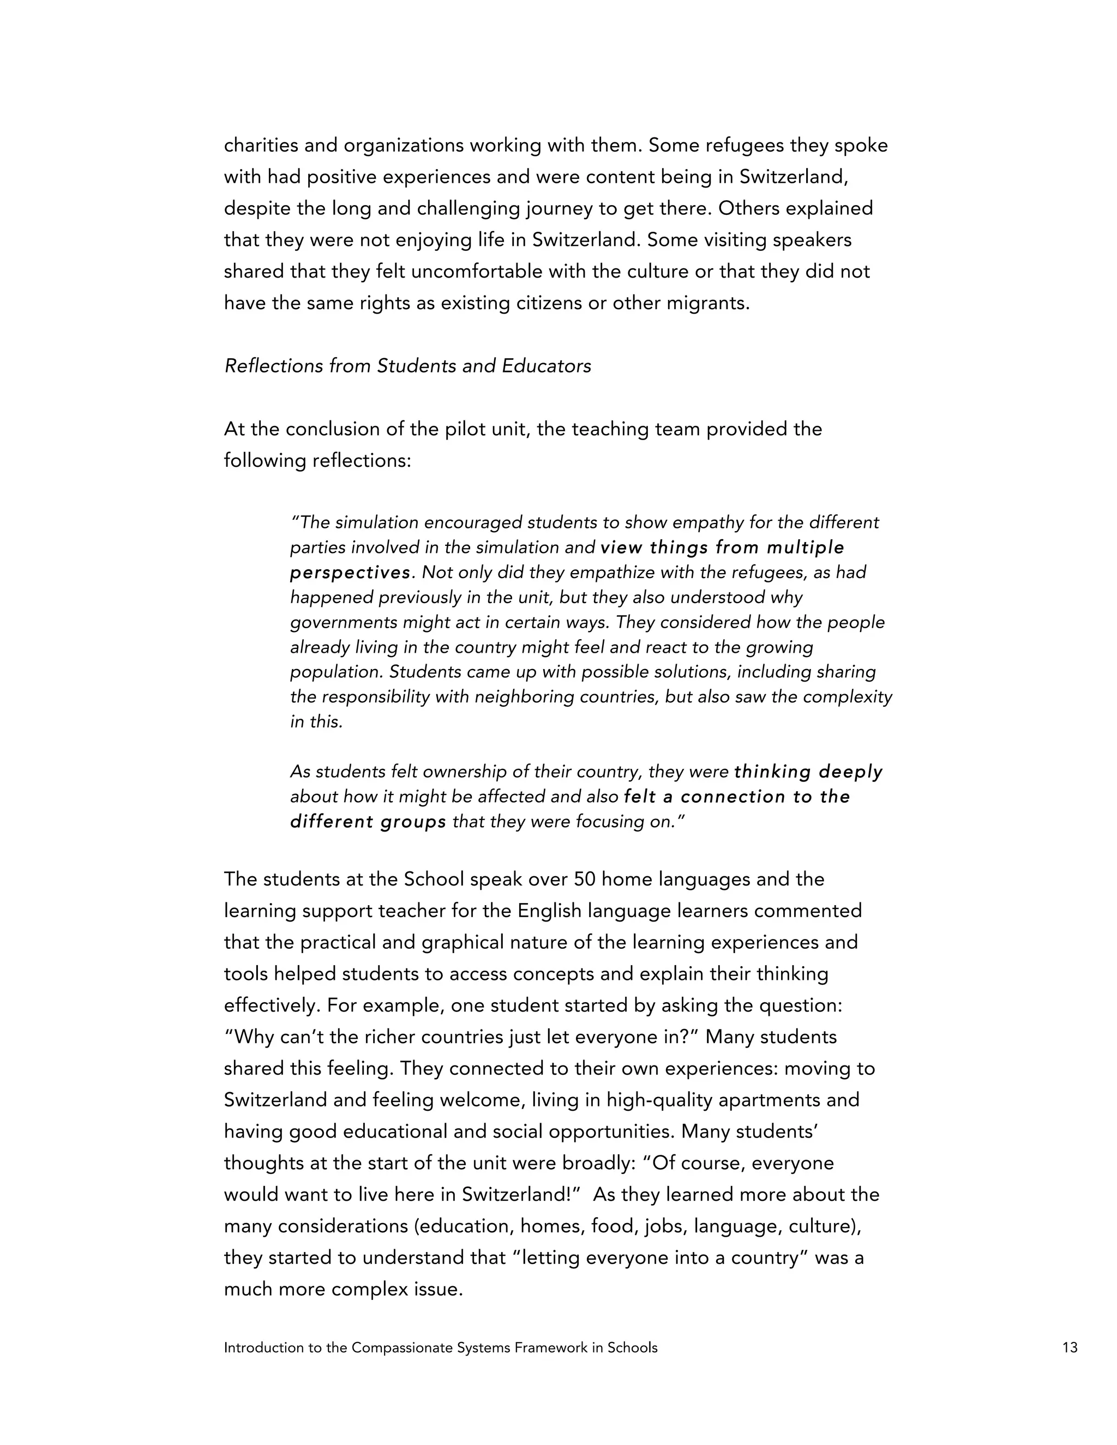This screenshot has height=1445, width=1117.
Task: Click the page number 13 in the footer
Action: tap(1070, 1348)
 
